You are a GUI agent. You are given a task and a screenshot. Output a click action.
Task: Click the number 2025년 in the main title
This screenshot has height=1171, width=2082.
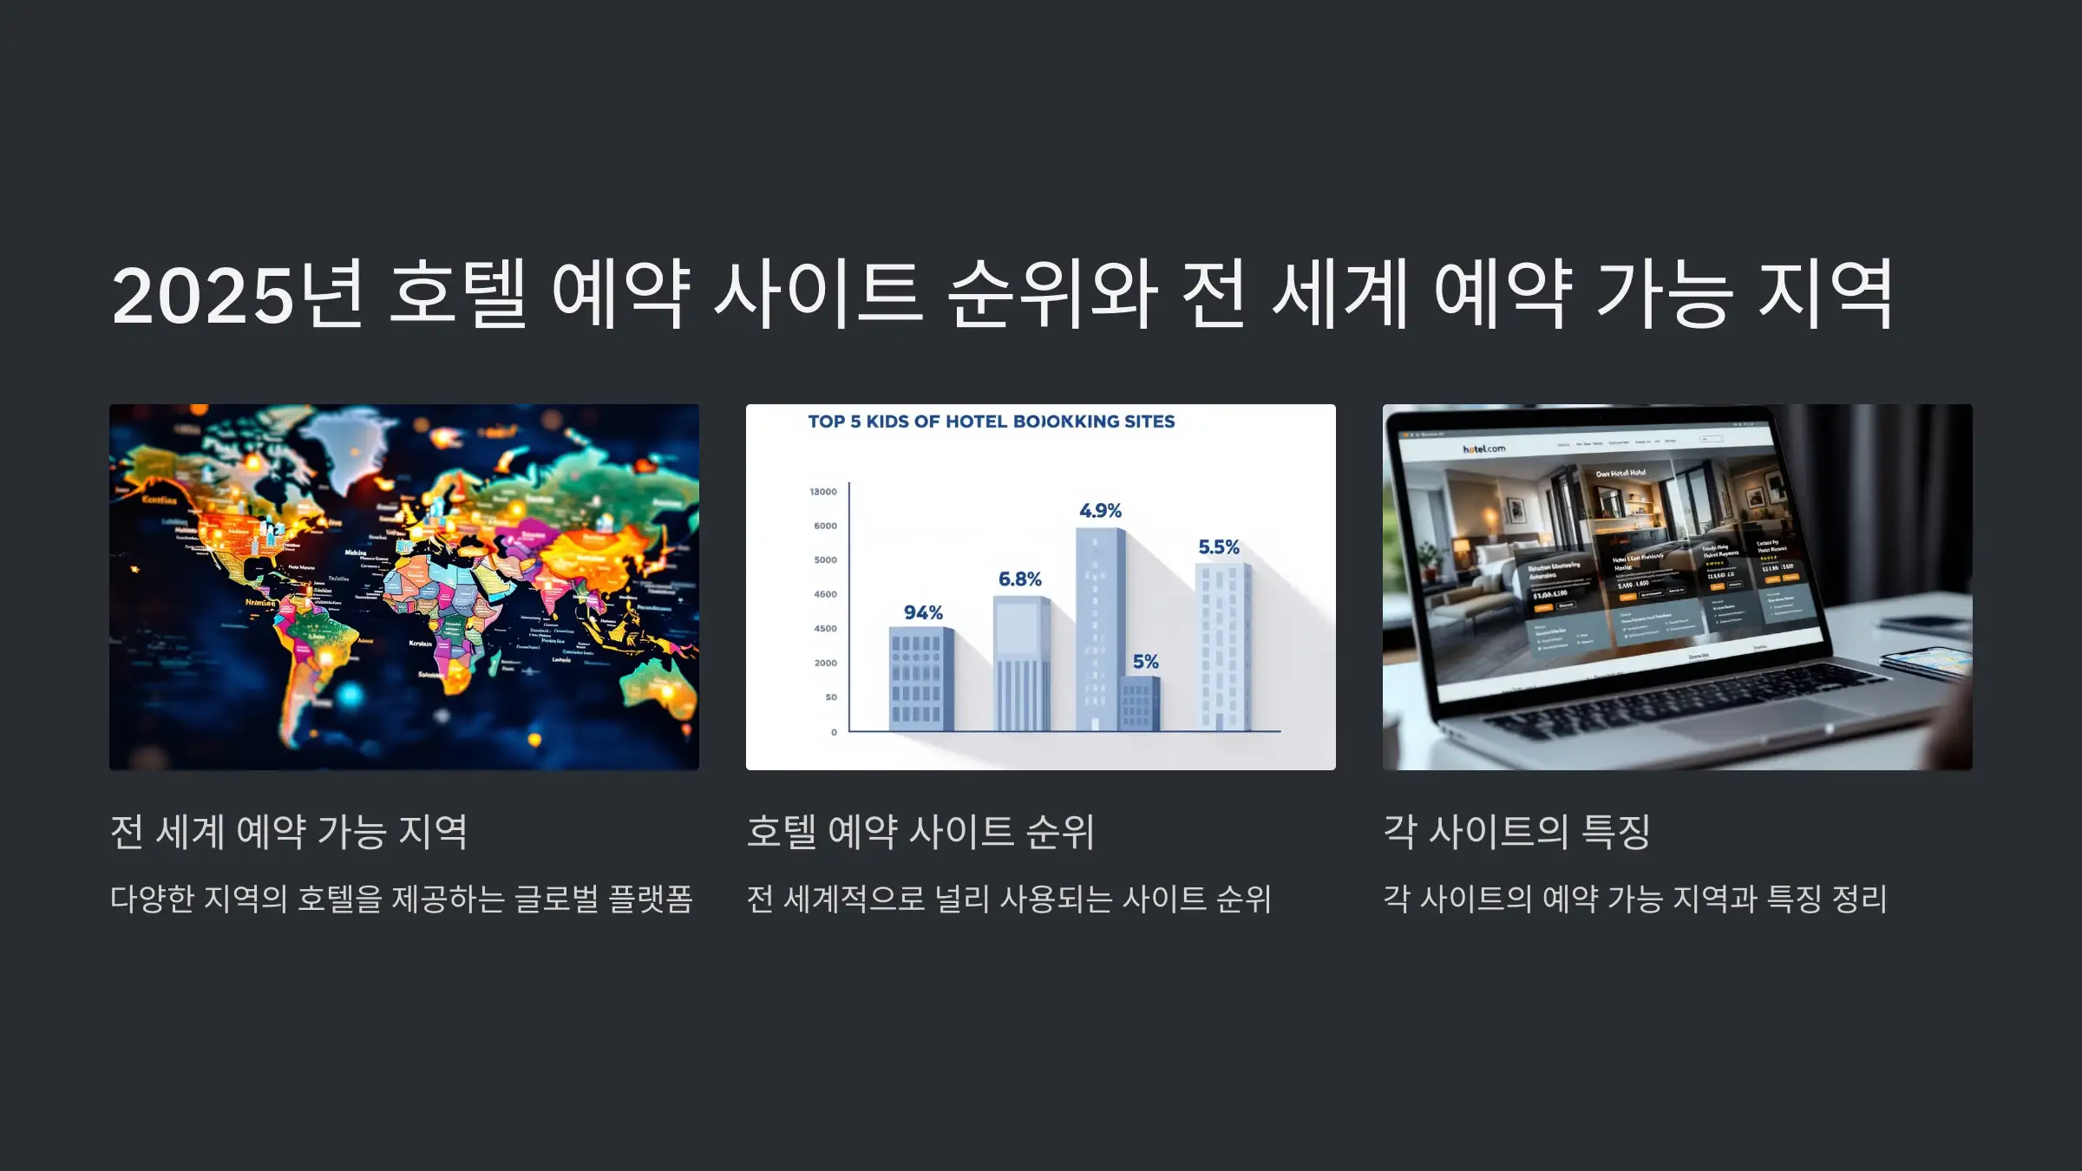236,295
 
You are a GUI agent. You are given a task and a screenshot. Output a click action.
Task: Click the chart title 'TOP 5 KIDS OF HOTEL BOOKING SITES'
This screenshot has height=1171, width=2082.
991,422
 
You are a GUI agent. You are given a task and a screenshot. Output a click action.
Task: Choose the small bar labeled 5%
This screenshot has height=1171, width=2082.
1139,703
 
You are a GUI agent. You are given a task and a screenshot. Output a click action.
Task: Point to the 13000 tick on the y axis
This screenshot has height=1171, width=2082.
823,492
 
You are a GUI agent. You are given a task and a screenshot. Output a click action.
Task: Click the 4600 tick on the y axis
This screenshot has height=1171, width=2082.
825,594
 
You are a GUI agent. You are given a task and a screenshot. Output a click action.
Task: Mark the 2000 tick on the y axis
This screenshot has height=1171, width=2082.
825,663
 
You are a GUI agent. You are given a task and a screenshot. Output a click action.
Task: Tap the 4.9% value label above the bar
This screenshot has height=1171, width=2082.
1100,511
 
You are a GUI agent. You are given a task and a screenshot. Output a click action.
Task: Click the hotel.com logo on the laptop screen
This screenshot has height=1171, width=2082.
1483,449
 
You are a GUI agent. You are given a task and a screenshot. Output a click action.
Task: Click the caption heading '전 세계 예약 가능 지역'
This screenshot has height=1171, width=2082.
288,832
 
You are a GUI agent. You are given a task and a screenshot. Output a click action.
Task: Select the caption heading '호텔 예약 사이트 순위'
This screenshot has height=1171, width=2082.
920,832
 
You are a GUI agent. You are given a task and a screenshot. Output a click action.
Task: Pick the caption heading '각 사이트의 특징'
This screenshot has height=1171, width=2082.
1516,832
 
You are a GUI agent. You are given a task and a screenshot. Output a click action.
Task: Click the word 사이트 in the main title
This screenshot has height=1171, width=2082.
817,295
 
